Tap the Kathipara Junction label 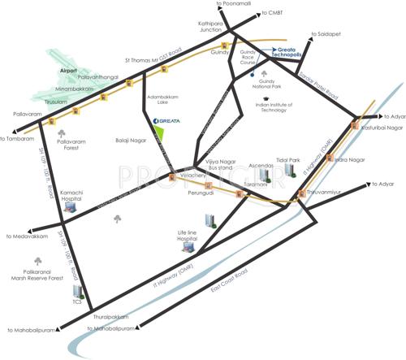205,28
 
